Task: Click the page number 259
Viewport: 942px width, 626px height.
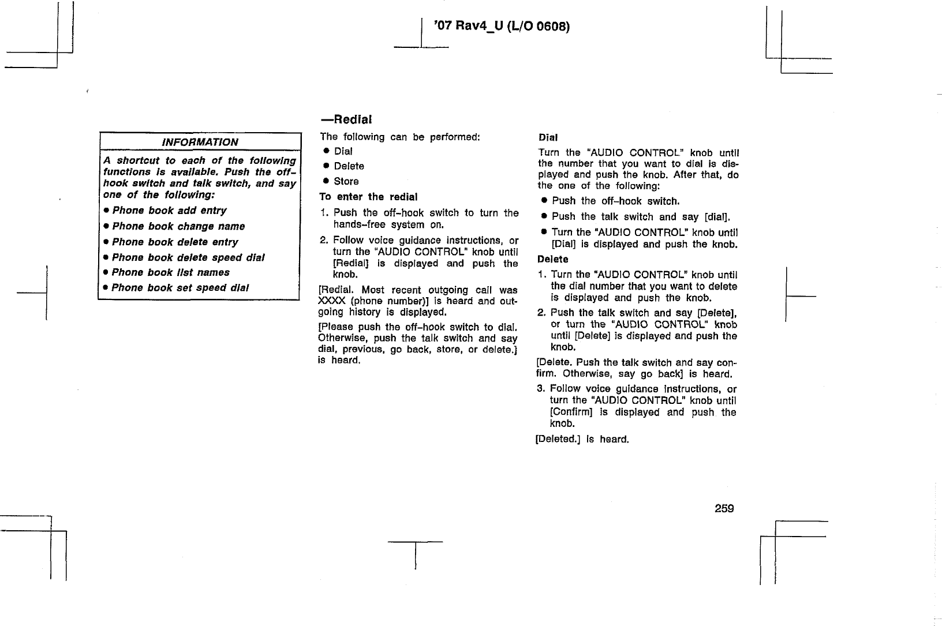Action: point(724,508)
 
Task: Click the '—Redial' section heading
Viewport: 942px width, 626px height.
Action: point(346,119)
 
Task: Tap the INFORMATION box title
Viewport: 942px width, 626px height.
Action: point(200,142)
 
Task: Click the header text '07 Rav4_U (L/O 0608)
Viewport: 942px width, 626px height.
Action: point(501,27)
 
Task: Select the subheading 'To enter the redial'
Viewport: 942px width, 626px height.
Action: point(368,197)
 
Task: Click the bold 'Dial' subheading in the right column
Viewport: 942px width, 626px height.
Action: point(548,138)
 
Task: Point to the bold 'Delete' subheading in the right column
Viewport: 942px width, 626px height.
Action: point(552,259)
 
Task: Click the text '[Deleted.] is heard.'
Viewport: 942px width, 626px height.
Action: point(582,440)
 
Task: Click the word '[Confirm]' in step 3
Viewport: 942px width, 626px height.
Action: point(571,412)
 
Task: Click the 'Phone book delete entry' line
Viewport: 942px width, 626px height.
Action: point(175,242)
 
